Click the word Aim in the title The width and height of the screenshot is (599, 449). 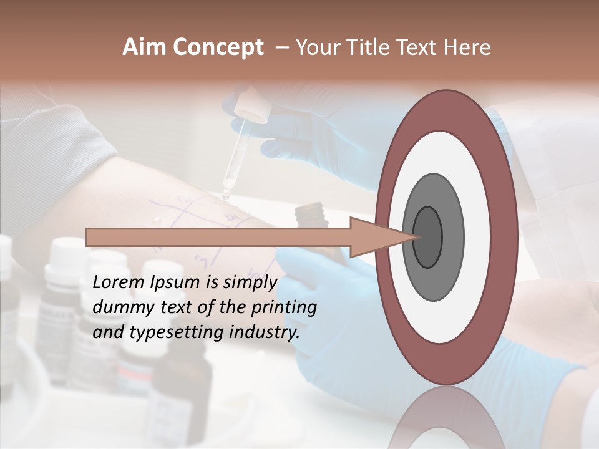pos(145,47)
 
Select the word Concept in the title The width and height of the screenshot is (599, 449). pos(218,47)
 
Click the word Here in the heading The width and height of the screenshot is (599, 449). pos(467,47)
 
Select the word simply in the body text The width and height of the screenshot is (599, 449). pos(250,282)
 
